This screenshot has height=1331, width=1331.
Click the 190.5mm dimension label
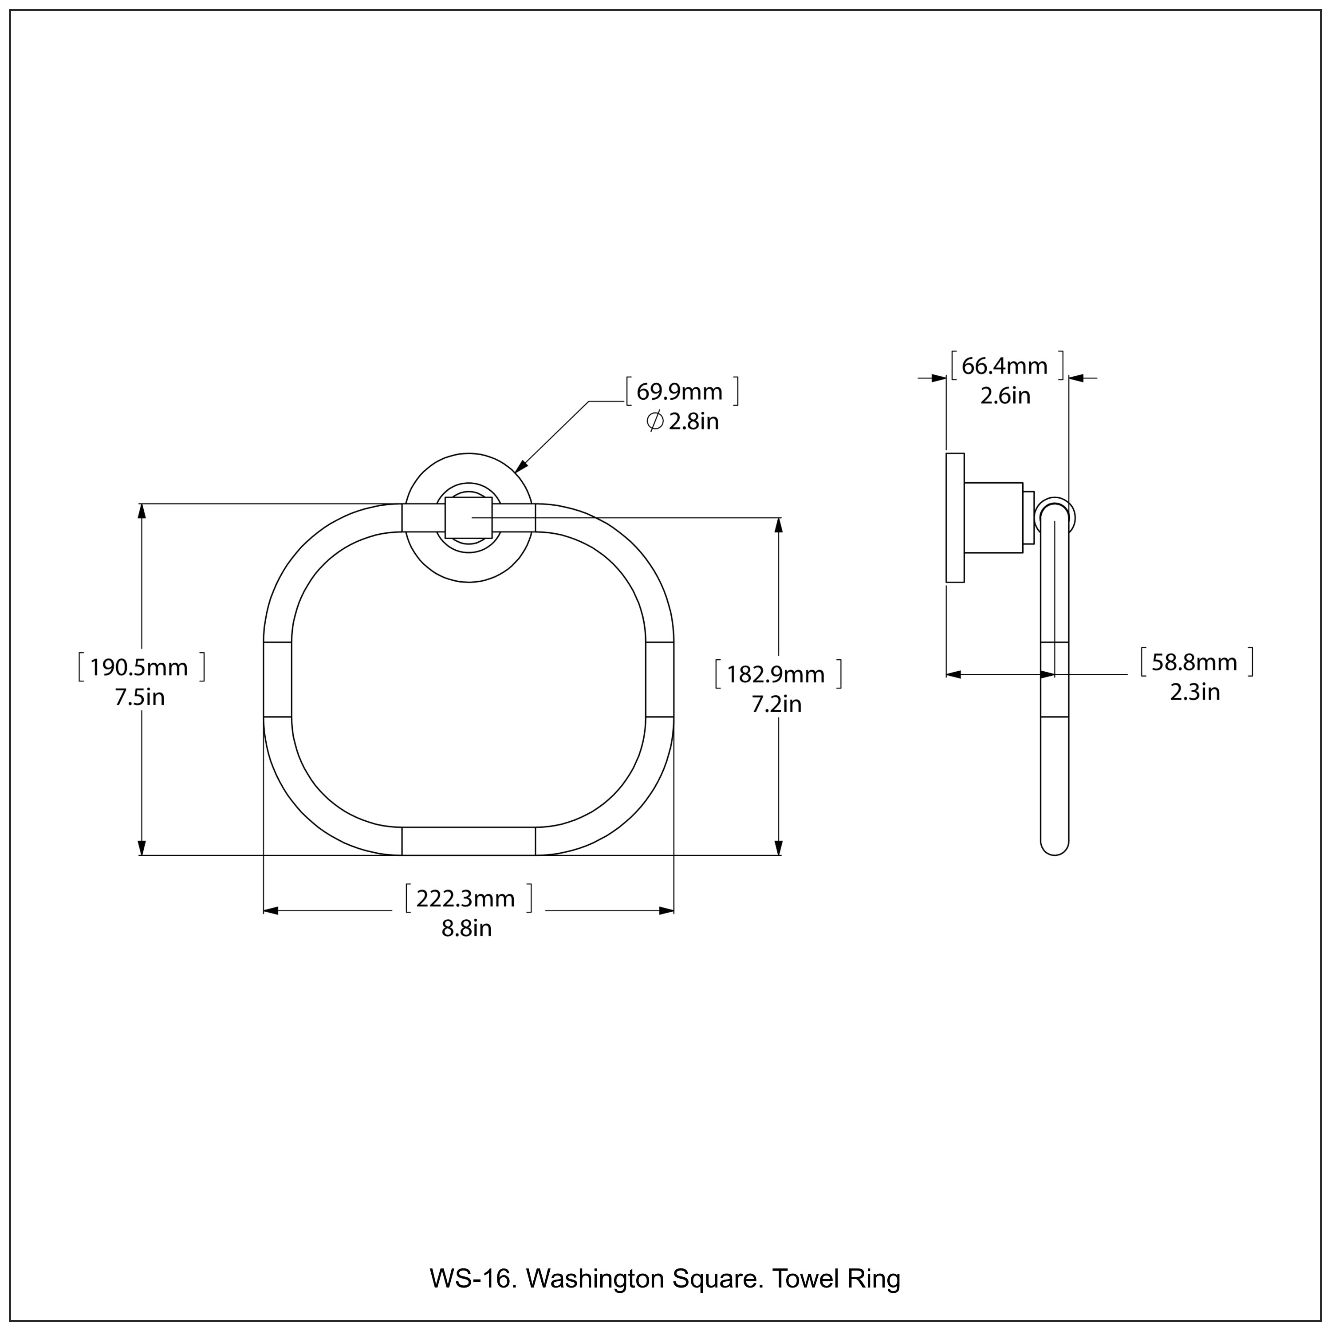pyautogui.click(x=139, y=667)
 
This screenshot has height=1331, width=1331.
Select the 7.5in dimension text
pyautogui.click(x=140, y=697)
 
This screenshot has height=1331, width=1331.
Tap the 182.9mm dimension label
pyautogui.click(x=776, y=674)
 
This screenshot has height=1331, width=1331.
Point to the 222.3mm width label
pyautogui.click(x=466, y=898)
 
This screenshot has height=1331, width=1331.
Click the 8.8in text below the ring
pyautogui.click(x=466, y=929)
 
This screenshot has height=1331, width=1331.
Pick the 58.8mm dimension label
pyautogui.click(x=1195, y=662)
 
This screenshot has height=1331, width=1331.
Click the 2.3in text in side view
pyautogui.click(x=1195, y=692)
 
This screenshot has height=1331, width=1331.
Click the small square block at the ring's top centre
pyautogui.click(x=469, y=517)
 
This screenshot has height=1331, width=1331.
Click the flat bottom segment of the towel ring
pyautogui.click(x=469, y=841)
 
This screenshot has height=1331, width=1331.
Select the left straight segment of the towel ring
pyautogui.click(x=278, y=679)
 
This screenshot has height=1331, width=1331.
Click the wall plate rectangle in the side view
pyautogui.click(x=955, y=518)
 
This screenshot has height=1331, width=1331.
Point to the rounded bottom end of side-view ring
pyautogui.click(x=1054, y=846)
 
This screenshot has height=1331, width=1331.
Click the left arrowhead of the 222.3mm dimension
pyautogui.click(x=271, y=911)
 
